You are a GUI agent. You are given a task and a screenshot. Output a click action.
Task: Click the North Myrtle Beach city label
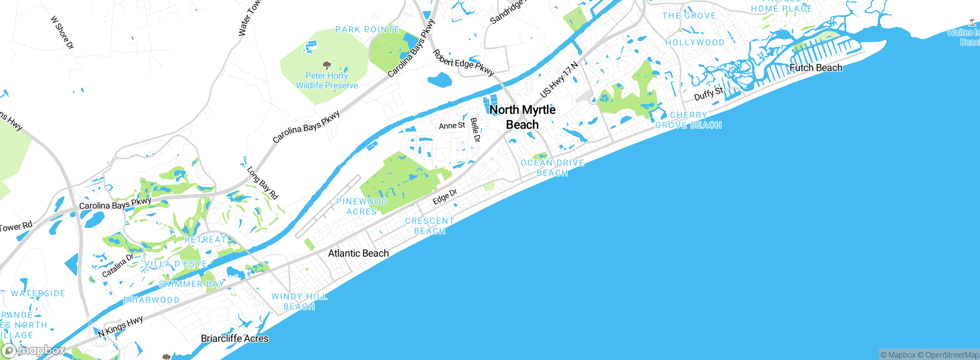point(523,117)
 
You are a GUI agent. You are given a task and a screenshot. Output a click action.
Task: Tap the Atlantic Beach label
point(358,253)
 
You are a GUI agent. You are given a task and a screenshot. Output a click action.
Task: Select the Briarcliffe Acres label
point(235,339)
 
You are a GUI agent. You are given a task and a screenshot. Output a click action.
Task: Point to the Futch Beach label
point(816,68)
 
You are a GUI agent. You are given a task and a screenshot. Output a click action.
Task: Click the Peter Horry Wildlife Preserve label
point(327,81)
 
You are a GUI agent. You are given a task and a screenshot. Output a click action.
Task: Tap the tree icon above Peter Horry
point(327,65)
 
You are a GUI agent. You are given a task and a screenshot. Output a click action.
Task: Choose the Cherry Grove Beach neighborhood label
point(688,120)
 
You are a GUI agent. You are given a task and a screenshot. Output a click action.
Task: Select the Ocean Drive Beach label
point(552,168)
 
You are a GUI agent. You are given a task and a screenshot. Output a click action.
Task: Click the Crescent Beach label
point(430,226)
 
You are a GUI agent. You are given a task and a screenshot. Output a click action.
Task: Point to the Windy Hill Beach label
point(299,301)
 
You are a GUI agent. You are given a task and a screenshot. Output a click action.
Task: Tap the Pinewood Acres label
point(361,206)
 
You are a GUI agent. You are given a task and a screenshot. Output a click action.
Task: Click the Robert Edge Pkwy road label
point(464,62)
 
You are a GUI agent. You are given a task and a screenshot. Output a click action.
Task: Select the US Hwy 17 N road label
point(559,80)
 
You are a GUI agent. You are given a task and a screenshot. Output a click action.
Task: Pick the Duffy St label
point(709,94)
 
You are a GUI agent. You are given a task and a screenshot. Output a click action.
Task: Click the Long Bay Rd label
point(262,183)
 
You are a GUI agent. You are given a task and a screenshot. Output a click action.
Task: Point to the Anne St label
point(452,126)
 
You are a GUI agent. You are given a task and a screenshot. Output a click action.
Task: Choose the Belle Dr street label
point(475,130)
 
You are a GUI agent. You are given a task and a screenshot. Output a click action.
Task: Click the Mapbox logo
point(34,350)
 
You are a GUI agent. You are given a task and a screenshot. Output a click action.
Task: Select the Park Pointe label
point(367,29)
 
